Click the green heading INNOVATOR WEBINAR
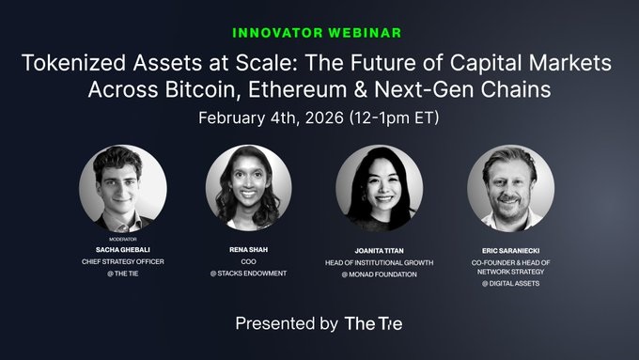point(317,33)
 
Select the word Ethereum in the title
point(297,89)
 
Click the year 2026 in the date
point(324,117)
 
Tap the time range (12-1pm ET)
point(394,117)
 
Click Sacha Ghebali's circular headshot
point(123,189)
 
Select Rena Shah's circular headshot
point(249,188)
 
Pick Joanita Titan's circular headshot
point(380,189)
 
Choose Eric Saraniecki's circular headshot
point(510,189)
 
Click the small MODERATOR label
point(123,240)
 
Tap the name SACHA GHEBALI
point(123,249)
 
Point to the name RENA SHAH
point(249,249)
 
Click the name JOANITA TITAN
point(380,251)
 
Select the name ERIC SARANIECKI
point(510,251)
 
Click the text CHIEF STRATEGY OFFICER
point(123,261)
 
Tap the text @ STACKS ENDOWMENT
point(249,274)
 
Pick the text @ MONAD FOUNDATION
point(380,274)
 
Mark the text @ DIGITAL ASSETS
point(510,283)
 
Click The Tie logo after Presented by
point(373,323)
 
